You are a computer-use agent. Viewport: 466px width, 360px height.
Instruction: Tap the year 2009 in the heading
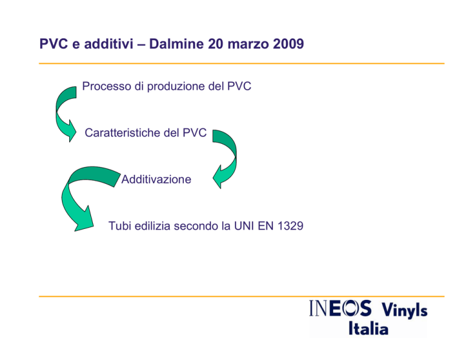coord(288,44)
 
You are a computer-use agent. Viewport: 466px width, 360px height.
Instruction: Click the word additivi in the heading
coord(109,44)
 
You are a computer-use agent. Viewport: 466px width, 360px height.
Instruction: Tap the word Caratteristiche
coord(123,132)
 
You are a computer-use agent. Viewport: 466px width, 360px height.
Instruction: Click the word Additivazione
coord(157,179)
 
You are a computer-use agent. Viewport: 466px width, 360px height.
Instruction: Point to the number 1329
coord(291,226)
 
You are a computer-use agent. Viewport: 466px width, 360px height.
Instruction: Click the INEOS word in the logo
coord(340,308)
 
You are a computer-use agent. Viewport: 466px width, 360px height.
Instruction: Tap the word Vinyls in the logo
coord(405,310)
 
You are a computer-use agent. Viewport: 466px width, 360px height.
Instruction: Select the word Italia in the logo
coord(368,328)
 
